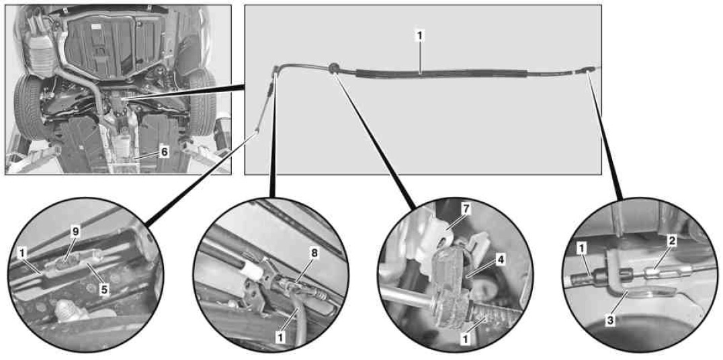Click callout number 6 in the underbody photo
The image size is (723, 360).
164,152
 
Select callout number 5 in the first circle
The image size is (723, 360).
105,291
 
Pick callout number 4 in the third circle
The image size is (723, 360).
501,260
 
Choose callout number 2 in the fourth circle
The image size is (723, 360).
673,241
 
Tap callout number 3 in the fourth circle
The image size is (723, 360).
610,322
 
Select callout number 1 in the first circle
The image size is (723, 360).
22,253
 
